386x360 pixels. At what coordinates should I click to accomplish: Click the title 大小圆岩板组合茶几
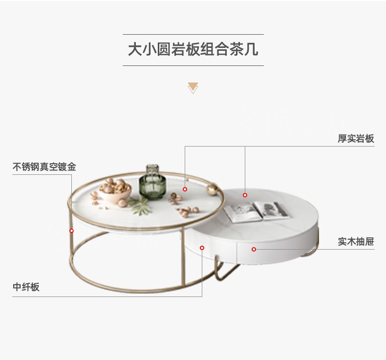tap(193, 49)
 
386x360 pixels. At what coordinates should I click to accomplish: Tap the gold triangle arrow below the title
tap(193, 88)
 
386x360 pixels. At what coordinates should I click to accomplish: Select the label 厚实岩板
tap(356, 139)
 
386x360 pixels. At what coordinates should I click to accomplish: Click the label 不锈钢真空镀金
tap(44, 167)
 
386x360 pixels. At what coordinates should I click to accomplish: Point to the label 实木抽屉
tap(356, 241)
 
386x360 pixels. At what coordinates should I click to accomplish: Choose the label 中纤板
tap(26, 287)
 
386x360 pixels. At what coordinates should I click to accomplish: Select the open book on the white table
tap(256, 212)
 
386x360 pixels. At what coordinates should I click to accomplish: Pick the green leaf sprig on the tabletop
tap(140, 206)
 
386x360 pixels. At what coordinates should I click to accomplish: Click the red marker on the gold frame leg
tap(71, 231)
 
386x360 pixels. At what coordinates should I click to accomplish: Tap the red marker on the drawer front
tap(254, 249)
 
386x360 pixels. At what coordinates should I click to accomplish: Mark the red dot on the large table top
tap(185, 189)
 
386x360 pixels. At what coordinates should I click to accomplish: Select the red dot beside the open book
tap(245, 195)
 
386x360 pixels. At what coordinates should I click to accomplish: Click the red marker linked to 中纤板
tap(202, 248)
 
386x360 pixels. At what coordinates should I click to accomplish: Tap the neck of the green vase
tap(152, 170)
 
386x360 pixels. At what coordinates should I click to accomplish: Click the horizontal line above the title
tap(193, 35)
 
